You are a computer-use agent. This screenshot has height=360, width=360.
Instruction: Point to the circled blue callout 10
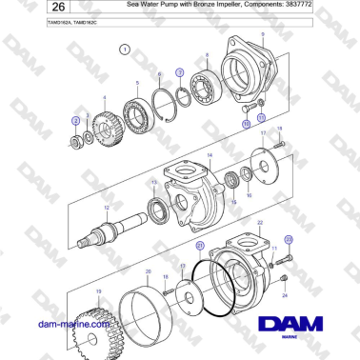pyautogui.click(x=246, y=123)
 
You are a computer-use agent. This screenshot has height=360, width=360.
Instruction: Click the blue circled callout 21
pyautogui.click(x=200, y=245)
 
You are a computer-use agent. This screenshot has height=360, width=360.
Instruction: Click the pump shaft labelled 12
pyautogui.click(x=115, y=230)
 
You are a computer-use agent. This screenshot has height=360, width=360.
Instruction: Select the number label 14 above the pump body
pyautogui.click(x=210, y=150)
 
